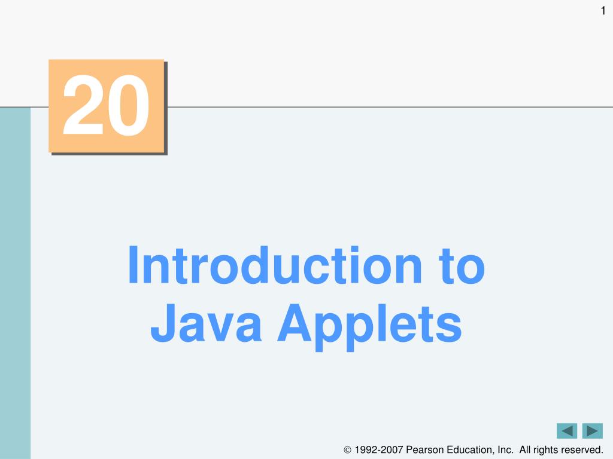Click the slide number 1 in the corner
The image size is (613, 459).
603,11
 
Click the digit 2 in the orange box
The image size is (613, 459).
83,105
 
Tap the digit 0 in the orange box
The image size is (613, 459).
128,105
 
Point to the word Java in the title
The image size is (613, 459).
206,323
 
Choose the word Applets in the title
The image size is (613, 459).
370,327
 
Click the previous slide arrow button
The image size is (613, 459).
567,431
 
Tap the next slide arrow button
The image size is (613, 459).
592,431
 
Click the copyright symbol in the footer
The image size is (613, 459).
347,450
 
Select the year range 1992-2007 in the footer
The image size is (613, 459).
378,449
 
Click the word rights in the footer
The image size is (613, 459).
547,450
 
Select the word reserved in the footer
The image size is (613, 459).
581,449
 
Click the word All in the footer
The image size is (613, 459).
526,449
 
